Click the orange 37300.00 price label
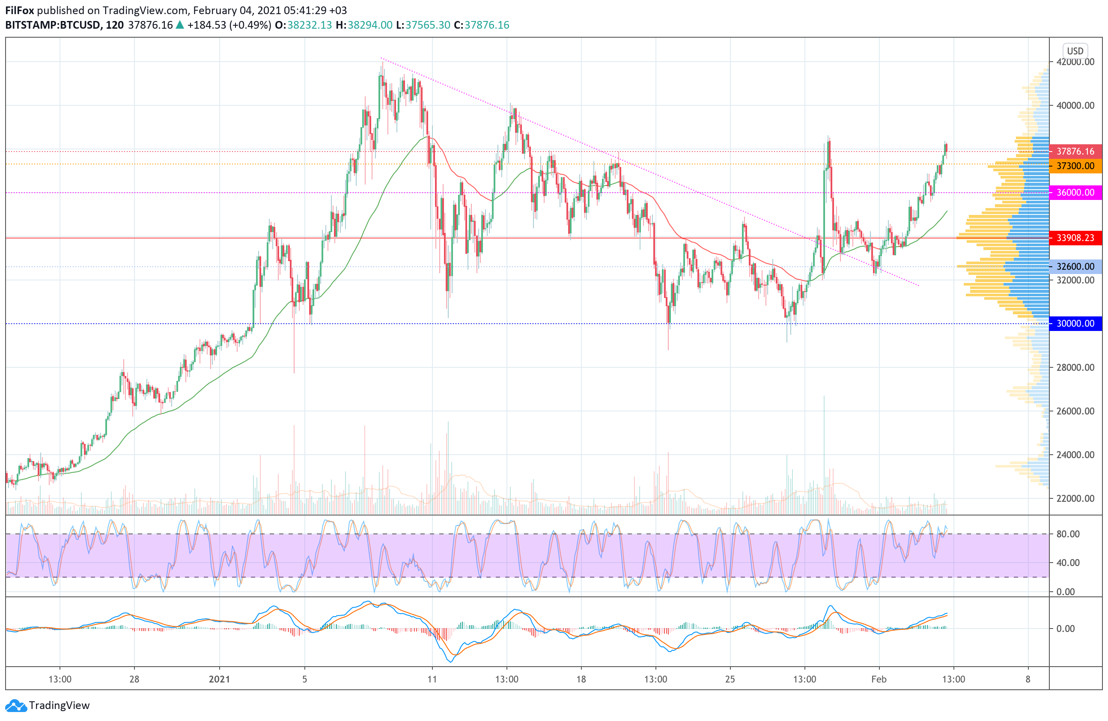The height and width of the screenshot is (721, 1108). [x=1075, y=166]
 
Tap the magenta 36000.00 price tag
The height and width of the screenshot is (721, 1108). [x=1075, y=193]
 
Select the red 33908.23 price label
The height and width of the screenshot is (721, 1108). [x=1075, y=238]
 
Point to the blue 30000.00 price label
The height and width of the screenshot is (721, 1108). [x=1075, y=324]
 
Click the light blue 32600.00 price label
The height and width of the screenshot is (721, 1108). [x=1075, y=267]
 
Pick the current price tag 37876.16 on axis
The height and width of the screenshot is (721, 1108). [x=1075, y=152]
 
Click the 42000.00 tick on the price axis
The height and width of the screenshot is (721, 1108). [x=1075, y=62]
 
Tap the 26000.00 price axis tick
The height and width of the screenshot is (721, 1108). [x=1075, y=411]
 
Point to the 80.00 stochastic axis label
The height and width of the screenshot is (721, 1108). [x=1068, y=534]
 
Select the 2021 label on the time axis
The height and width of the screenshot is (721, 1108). [x=219, y=679]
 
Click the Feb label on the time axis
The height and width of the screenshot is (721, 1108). [x=879, y=679]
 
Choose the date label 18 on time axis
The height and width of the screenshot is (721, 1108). [x=581, y=679]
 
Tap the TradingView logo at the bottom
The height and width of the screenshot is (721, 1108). [x=48, y=705]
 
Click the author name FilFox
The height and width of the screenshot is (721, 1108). [x=20, y=10]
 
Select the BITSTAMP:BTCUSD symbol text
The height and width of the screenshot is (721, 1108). [x=53, y=25]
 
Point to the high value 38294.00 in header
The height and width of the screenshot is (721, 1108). [x=370, y=25]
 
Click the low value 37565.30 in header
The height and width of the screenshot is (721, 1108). [x=428, y=25]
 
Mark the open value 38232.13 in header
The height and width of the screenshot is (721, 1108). [x=310, y=25]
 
